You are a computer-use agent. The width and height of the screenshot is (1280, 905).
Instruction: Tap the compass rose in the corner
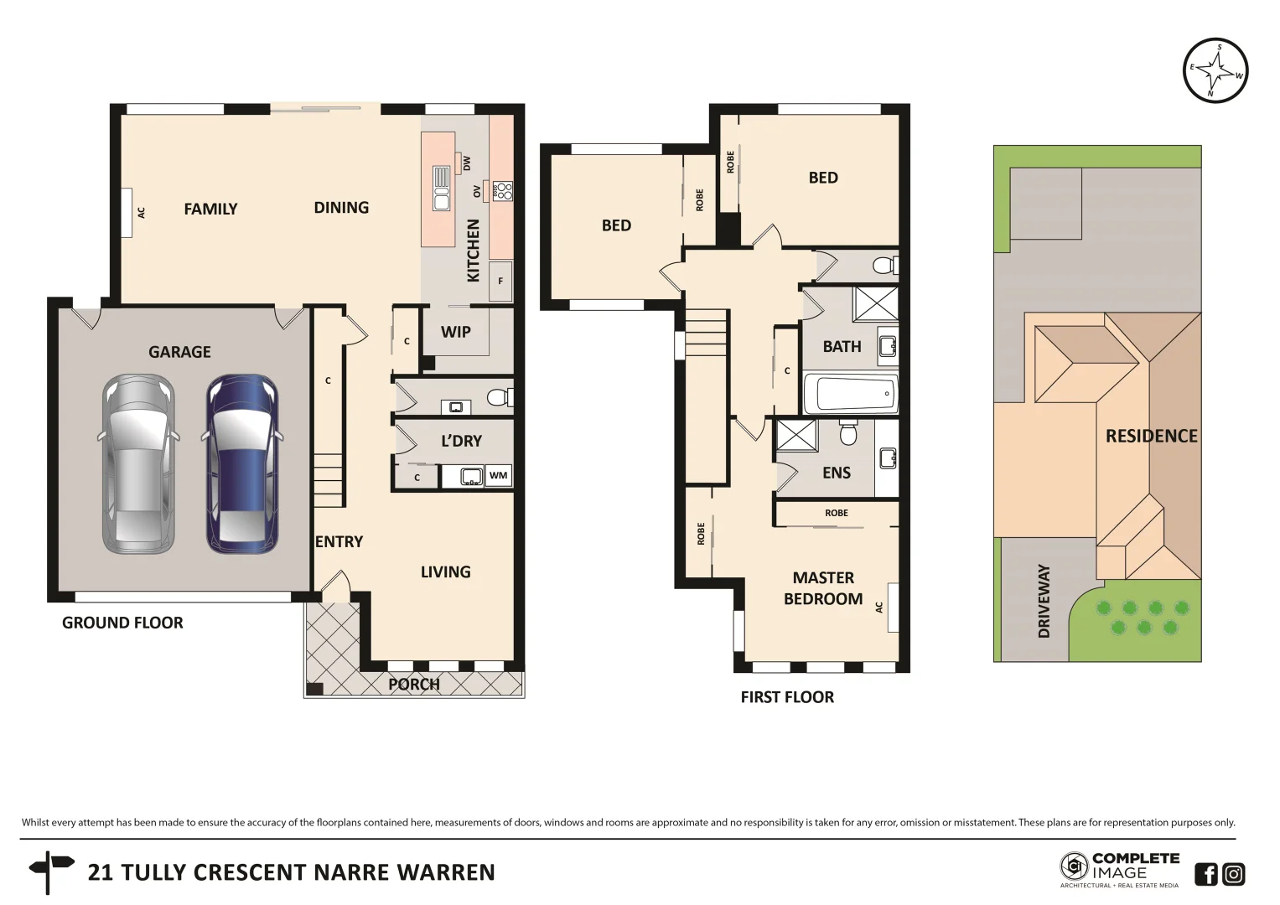[x=1215, y=70]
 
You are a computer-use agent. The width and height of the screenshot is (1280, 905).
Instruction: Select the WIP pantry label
[x=455, y=332]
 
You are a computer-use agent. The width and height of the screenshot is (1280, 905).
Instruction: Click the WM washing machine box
[x=499, y=475]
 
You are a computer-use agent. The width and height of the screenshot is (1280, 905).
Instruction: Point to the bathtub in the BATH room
[x=851, y=394]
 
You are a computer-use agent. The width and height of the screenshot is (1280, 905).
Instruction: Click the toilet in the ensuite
[x=848, y=433]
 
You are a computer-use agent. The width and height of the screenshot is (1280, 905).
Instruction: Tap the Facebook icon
[x=1205, y=874]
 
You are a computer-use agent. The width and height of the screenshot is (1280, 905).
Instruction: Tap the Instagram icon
[x=1233, y=874]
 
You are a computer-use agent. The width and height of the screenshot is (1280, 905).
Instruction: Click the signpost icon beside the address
[x=49, y=871]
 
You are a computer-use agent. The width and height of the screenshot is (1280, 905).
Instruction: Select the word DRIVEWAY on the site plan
[x=1044, y=601]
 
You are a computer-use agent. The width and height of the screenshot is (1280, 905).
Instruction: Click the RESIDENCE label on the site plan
[x=1151, y=436]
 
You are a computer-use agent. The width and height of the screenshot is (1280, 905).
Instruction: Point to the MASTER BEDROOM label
[x=822, y=588]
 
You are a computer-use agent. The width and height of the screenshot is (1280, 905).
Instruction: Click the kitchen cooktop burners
[x=502, y=191]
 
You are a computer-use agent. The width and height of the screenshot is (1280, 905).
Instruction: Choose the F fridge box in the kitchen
[x=500, y=281]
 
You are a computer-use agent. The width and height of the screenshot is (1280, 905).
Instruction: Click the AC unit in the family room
[x=127, y=213]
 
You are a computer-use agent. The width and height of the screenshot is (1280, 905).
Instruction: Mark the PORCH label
[x=413, y=685]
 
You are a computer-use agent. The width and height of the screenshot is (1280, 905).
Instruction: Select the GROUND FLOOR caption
[x=122, y=623]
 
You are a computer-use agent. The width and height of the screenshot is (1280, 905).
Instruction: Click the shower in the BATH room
[x=875, y=303]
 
